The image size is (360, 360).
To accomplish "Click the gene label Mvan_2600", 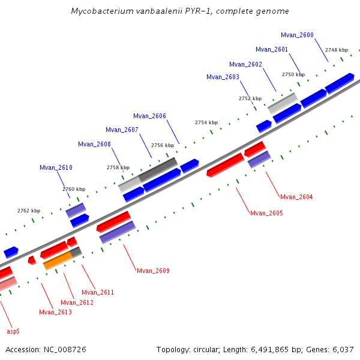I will tap(297, 35).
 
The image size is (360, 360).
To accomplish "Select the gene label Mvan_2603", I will tap(223, 77).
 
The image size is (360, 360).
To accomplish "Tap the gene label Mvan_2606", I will tap(149, 116).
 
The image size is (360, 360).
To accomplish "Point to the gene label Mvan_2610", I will tap(56, 168).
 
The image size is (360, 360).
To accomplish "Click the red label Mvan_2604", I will tap(296, 197).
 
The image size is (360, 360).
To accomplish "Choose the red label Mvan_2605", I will tap(266, 214).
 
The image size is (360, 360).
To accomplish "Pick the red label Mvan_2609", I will tap(153, 271).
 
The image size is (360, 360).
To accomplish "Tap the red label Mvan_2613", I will tap(55, 312).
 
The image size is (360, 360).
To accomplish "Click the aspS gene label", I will tap(13, 331).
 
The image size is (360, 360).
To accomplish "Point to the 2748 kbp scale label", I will tap(336, 50).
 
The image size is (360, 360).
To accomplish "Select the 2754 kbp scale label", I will tap(206, 122).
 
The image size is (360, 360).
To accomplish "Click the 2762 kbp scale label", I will tap(29, 211).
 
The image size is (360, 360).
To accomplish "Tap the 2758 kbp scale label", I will tap(118, 168).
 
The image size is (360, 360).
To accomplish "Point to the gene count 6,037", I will tap(343, 349).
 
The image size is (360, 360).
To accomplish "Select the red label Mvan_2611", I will tap(98, 292).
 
